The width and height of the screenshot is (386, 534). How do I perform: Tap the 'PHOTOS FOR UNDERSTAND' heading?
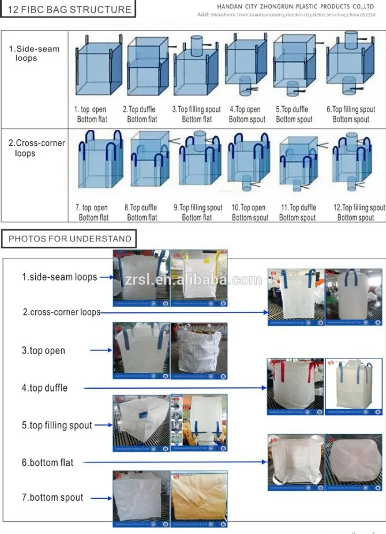click(x=70, y=239)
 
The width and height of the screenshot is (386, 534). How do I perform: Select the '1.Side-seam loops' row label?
click(x=34, y=53)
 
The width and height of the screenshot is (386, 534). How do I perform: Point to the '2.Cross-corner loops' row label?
click(x=36, y=148)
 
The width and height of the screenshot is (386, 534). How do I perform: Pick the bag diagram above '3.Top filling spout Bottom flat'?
click(x=196, y=66)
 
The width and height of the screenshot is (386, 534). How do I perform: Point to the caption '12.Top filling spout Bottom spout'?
click(x=358, y=212)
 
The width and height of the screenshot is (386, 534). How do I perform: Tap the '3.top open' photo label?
click(x=43, y=351)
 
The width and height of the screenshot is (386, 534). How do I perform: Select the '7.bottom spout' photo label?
click(x=52, y=497)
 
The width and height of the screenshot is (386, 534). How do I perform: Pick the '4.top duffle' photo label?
click(x=44, y=388)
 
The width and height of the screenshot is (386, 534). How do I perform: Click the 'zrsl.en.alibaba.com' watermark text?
click(x=185, y=279)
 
